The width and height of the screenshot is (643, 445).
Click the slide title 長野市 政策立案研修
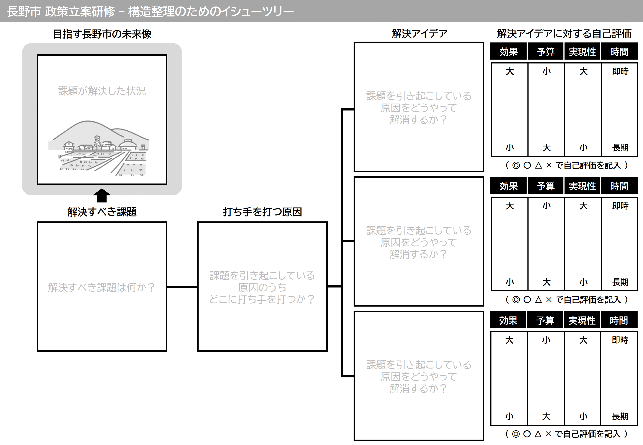click(x=61, y=11)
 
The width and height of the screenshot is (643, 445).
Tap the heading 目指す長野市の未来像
click(x=102, y=34)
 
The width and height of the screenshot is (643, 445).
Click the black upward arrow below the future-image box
click(x=102, y=195)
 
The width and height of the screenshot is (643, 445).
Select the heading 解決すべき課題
click(x=102, y=212)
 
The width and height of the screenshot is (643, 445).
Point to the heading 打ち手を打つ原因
click(x=263, y=212)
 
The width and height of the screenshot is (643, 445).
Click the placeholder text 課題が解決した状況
click(x=102, y=91)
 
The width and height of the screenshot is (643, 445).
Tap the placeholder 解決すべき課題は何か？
click(x=102, y=287)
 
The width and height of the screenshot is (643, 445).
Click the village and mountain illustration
click(x=99, y=148)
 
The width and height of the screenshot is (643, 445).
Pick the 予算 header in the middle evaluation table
click(x=545, y=186)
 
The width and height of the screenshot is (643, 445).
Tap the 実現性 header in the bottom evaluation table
click(x=582, y=320)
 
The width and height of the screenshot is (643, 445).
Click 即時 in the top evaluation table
click(x=620, y=72)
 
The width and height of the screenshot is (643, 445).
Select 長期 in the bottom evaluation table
click(x=620, y=416)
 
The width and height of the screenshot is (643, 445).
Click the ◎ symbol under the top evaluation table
click(x=516, y=165)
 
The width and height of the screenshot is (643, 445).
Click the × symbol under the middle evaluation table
click(x=549, y=300)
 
